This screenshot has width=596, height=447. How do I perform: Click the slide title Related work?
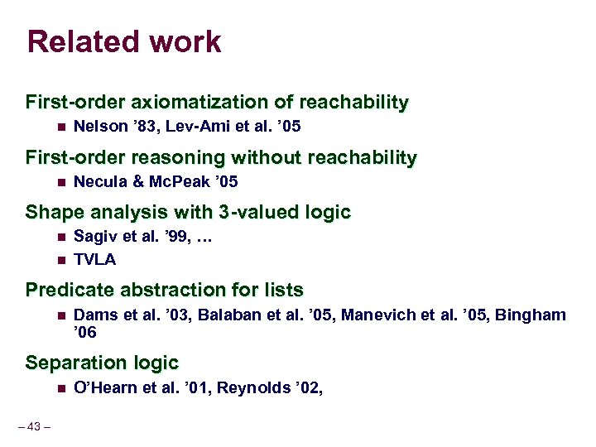pyautogui.click(x=124, y=41)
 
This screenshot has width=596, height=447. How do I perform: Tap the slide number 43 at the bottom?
pyautogui.click(x=34, y=426)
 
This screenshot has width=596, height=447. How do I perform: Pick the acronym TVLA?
pyautogui.click(x=95, y=259)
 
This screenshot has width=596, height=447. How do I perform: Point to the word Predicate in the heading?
pyautogui.click(x=65, y=291)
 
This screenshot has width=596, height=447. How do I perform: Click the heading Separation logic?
pyautogui.click(x=102, y=363)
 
